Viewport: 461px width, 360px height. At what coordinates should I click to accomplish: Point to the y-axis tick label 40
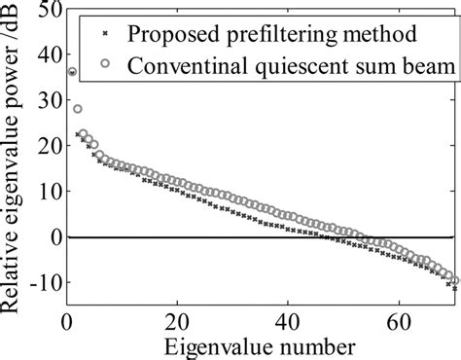(x=42, y=55)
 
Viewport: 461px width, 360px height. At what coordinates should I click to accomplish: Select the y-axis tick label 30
(x=42, y=101)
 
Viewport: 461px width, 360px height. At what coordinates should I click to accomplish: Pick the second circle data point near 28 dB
(x=77, y=109)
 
